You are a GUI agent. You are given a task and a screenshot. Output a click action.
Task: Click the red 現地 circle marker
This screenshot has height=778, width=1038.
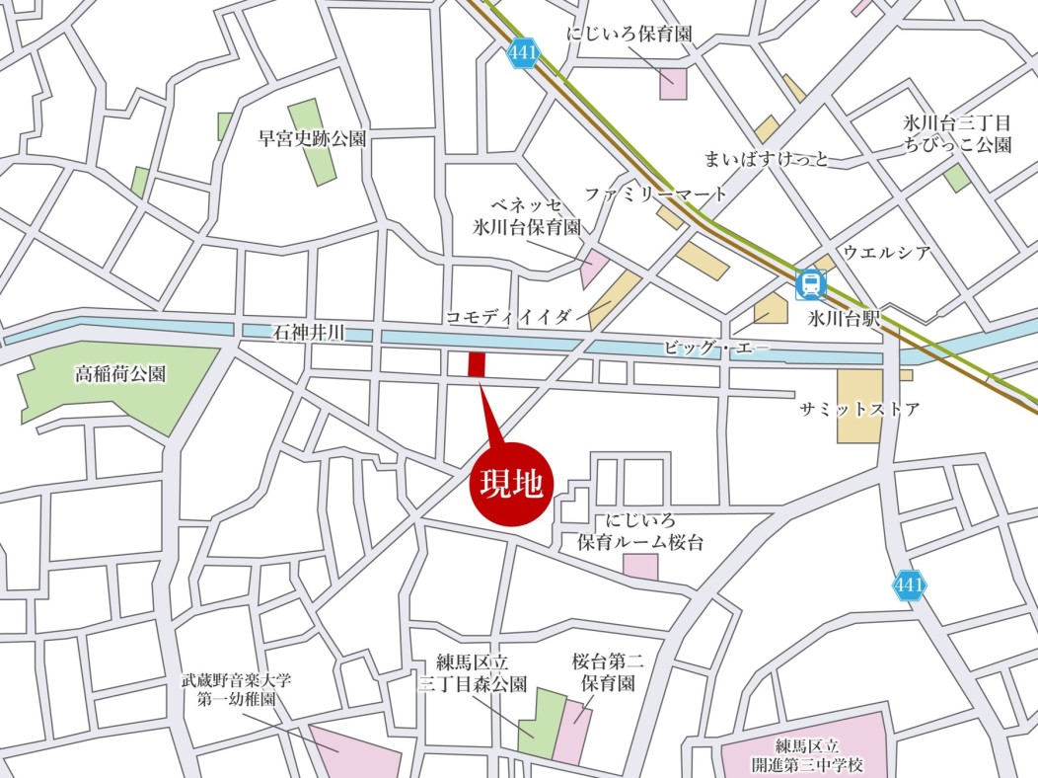click(512, 483)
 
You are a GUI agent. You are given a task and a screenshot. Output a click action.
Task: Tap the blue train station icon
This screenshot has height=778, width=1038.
click(811, 285)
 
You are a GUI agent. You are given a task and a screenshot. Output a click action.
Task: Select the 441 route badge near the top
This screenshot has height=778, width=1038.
click(522, 53)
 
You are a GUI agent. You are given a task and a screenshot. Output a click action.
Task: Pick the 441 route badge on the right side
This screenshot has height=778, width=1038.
click(909, 585)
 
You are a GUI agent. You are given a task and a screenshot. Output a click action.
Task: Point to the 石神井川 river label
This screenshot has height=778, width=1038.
click(308, 336)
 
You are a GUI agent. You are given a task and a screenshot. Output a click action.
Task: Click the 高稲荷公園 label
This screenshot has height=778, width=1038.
click(120, 374)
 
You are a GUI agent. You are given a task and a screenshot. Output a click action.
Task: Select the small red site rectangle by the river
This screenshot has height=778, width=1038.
click(476, 363)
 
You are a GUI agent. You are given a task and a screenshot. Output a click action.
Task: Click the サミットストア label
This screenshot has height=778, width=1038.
click(859, 408)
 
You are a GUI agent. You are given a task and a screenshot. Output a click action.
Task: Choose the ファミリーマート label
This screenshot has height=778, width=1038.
click(655, 194)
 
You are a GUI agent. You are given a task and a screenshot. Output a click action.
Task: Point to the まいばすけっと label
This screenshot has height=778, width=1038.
click(766, 158)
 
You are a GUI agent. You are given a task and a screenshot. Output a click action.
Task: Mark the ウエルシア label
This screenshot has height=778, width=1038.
click(886, 253)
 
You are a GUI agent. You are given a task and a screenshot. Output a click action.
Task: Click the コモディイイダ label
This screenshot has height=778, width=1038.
click(509, 316)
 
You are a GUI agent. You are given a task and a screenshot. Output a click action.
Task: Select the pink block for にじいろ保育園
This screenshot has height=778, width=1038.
click(673, 83)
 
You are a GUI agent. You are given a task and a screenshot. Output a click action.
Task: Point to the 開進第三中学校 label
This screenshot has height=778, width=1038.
click(806, 755)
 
